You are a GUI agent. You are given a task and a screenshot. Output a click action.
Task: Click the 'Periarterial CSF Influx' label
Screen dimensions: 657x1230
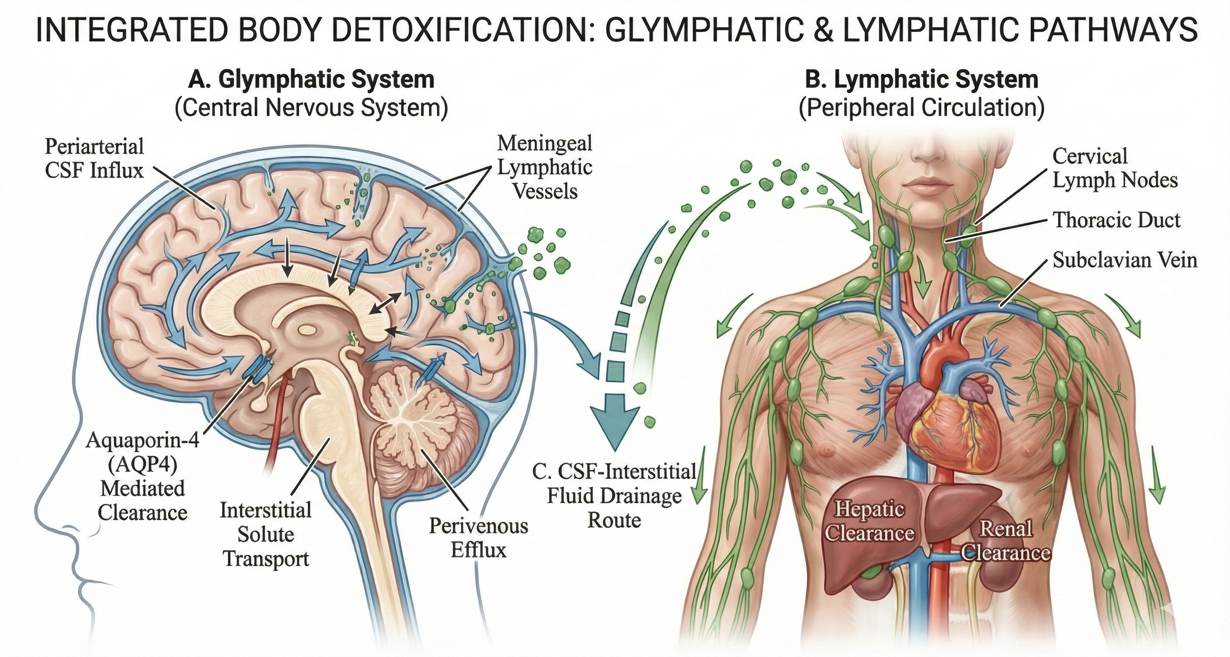(94, 158)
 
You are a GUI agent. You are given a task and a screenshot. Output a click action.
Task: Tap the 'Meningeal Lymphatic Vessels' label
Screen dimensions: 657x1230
(545, 167)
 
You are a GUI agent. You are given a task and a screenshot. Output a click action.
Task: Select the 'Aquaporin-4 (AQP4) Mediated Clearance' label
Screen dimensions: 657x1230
(143, 476)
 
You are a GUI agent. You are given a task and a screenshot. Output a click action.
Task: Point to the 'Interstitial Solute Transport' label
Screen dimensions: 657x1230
(266, 534)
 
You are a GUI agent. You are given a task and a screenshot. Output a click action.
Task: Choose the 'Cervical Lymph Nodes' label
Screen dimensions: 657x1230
(1115, 168)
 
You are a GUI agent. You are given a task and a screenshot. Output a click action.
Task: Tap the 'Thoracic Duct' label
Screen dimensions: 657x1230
(1116, 219)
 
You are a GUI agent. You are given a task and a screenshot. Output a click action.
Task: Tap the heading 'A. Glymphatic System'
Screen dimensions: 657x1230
(311, 80)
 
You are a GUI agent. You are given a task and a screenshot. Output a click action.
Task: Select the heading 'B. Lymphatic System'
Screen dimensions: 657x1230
(921, 80)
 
